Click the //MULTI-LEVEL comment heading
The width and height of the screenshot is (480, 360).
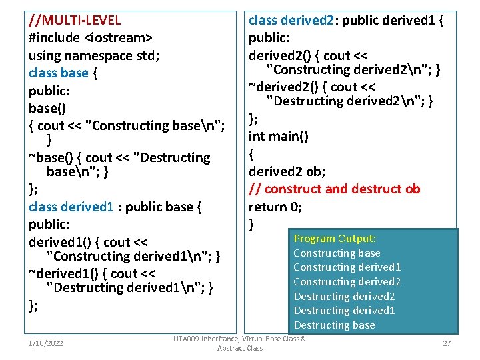coord(75,20)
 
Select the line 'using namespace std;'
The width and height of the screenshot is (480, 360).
coord(94,55)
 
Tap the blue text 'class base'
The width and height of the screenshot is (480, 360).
coord(59,73)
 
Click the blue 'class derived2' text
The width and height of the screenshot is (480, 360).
coord(291,20)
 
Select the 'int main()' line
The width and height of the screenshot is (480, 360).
coord(279,136)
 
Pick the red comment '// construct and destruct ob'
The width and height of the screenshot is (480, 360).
coord(335,189)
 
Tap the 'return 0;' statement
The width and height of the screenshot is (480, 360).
coord(275,207)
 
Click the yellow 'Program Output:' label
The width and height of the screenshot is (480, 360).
coord(335,239)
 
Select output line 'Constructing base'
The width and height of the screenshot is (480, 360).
coord(337,253)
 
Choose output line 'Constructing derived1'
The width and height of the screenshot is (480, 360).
coord(347,267)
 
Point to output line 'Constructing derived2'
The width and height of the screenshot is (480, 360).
coord(347,282)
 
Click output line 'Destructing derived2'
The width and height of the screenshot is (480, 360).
coord(345,297)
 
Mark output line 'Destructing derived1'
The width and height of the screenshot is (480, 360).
coord(345,311)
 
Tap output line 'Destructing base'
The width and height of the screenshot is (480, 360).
coord(335,325)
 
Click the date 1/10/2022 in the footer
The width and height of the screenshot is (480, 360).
coord(45,343)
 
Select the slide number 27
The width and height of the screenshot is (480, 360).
coord(447,343)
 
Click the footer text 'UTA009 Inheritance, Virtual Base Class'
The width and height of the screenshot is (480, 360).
coord(239,339)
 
